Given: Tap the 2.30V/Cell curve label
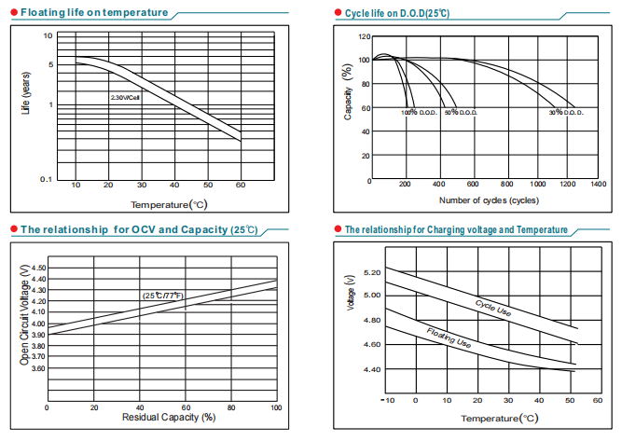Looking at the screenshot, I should (125, 97).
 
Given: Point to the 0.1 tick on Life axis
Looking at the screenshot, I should (46, 177).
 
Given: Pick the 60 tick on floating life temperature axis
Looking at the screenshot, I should (241, 186).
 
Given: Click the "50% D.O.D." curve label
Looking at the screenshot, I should (460, 112).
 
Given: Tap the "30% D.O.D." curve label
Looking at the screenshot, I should (565, 112).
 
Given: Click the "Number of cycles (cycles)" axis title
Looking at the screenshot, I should (488, 200).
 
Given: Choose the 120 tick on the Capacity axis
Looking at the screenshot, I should (365, 37).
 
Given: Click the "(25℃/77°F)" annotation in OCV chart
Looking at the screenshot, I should (163, 296).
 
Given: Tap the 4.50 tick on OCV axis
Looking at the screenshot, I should (39, 268).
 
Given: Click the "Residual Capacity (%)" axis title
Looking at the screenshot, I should (162, 418).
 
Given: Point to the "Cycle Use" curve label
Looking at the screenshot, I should (492, 309).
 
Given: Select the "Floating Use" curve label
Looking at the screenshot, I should (449, 338).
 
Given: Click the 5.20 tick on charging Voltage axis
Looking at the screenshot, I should (370, 272).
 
